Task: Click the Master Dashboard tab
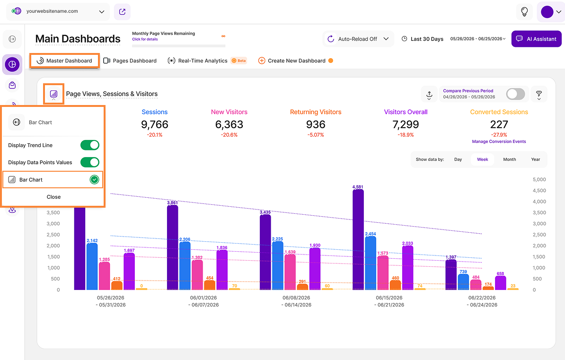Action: [x=64, y=61]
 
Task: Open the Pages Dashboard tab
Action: [x=130, y=61]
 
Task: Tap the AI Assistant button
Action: [x=536, y=39]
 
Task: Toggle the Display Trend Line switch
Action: [x=90, y=145]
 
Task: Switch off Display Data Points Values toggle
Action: [x=90, y=162]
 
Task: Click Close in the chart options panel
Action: [x=53, y=197]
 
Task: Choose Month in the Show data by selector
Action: [x=510, y=159]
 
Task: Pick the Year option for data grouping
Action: [x=536, y=159]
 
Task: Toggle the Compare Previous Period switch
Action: [x=515, y=94]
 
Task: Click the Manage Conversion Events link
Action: [x=499, y=141]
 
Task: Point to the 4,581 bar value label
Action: [x=357, y=187]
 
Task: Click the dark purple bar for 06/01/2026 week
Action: [x=172, y=247]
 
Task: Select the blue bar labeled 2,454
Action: [x=371, y=263]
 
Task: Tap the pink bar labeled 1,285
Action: [x=105, y=276]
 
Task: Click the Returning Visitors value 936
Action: [x=316, y=124]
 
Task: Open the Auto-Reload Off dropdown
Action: [x=358, y=39]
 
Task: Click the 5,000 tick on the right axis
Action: [x=539, y=179]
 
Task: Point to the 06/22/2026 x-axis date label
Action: [x=482, y=298]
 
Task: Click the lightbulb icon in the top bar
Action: [x=524, y=11]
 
